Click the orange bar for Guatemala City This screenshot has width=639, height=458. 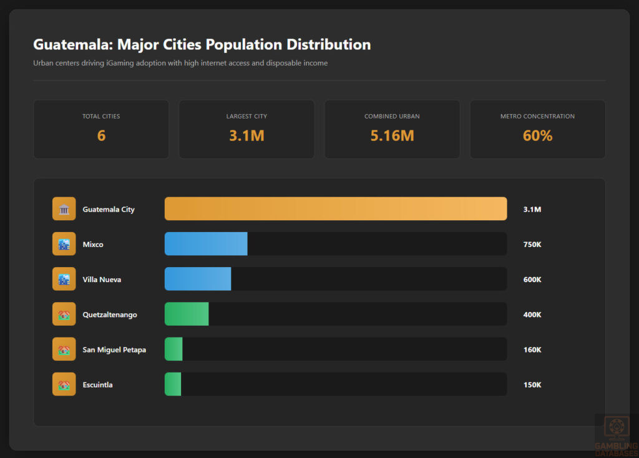coord(336,209)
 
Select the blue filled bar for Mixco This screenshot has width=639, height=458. coord(206,244)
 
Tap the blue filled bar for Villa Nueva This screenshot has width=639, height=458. coord(198,279)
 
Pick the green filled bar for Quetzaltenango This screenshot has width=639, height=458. coord(187,314)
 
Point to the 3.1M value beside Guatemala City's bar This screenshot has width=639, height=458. coord(532,210)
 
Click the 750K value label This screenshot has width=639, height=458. coord(532,245)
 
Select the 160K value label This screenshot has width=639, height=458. coord(532,349)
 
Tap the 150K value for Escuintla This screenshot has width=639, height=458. coord(532,384)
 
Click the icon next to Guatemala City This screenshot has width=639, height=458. coord(64,209)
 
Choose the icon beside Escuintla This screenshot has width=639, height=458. coord(64,384)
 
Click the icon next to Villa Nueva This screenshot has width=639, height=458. coord(64,279)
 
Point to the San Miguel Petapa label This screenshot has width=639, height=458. coord(114,349)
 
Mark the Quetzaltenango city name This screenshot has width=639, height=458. coord(110,314)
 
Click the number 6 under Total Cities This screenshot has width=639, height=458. coord(101,135)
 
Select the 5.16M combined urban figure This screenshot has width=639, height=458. coord(392,135)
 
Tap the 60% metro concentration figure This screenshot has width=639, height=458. coord(537,135)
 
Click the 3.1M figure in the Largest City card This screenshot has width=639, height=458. coord(246,135)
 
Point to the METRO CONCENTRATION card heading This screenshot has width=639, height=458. coord(537,116)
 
